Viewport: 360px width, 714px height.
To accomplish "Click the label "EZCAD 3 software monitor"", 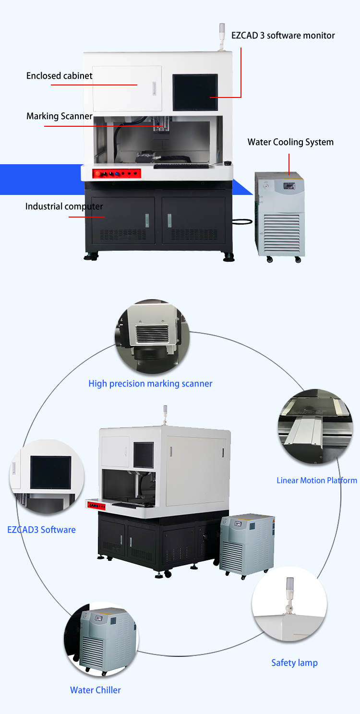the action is coord(283,36).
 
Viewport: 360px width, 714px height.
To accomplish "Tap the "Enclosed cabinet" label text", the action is coord(59,76).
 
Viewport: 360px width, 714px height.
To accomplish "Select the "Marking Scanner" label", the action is coord(59,116).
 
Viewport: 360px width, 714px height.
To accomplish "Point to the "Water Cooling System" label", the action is coord(290,142).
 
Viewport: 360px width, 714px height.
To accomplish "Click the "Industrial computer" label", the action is coord(64,206).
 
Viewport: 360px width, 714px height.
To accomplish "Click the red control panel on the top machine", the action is coord(117,173).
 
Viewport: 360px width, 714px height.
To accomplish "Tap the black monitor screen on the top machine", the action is coord(195,92).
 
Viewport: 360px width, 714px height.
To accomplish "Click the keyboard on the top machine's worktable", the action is coord(181,166).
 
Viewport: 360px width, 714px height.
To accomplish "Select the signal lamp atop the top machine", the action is coord(222,36).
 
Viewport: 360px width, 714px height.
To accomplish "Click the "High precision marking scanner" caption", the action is coord(150,384).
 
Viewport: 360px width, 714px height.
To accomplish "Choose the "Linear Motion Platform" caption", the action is coord(317,480).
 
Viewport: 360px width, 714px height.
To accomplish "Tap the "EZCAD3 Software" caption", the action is coord(41,530).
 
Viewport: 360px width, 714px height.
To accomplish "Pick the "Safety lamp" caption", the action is coord(294,663).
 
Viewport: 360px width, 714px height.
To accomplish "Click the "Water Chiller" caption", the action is coord(95,690).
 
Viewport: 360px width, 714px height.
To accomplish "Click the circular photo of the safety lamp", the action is coord(289,605).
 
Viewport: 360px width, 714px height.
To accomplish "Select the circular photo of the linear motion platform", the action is coord(315,426).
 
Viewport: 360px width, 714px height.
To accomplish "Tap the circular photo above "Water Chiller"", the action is coord(101,639).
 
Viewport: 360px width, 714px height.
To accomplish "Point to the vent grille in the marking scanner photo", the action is coord(152,334).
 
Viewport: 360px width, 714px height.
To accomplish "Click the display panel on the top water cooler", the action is coord(289,186).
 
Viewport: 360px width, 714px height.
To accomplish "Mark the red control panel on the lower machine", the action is coord(96,506).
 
